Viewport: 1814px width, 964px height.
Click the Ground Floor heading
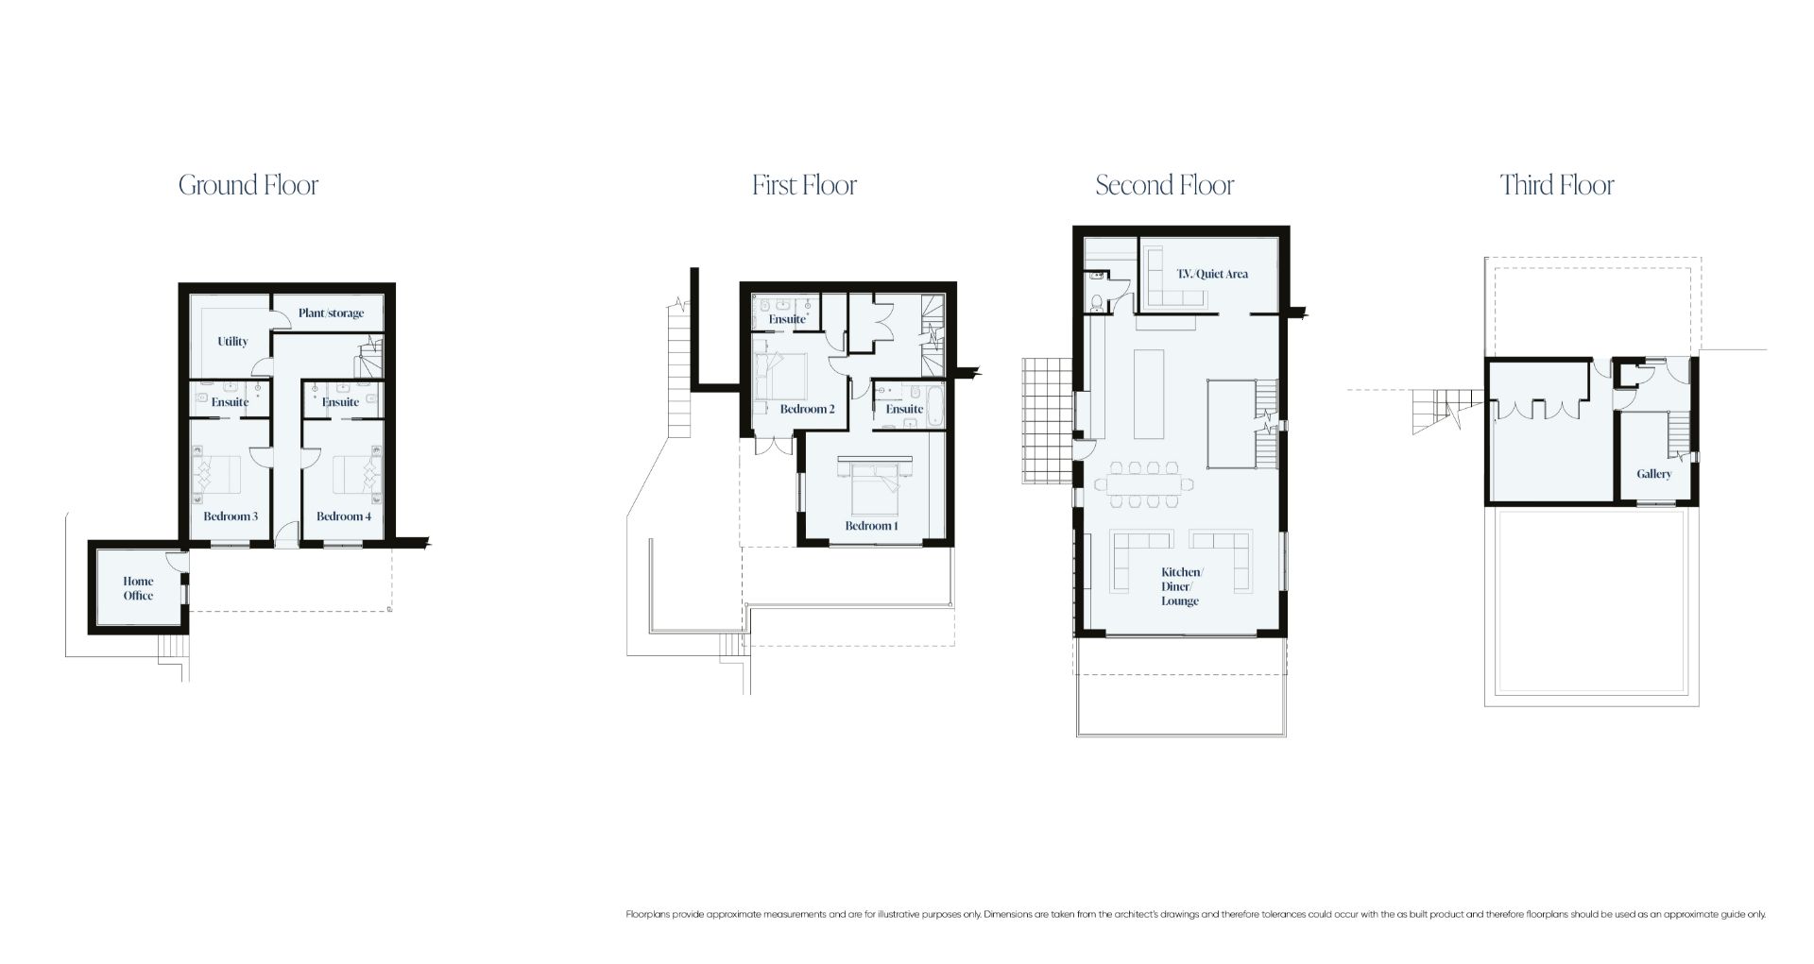pyautogui.click(x=248, y=185)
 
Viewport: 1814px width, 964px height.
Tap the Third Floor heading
pyautogui.click(x=1557, y=185)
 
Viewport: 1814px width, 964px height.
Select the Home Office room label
pyautogui.click(x=138, y=588)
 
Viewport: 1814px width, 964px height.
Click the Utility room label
pyautogui.click(x=232, y=342)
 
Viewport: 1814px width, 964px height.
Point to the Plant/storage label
pyautogui.click(x=331, y=313)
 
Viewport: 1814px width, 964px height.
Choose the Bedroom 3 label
pyautogui.click(x=231, y=516)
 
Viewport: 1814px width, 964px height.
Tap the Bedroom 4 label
pyautogui.click(x=344, y=516)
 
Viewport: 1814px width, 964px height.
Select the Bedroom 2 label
pyautogui.click(x=808, y=410)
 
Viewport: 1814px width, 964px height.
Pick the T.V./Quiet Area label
pyautogui.click(x=1212, y=274)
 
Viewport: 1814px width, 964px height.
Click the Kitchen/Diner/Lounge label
pyautogui.click(x=1181, y=586)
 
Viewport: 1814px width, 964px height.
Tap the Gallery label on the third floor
pyautogui.click(x=1654, y=474)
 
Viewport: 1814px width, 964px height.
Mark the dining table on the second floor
pyautogui.click(x=1144, y=484)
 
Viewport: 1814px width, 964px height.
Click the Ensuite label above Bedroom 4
pyautogui.click(x=340, y=402)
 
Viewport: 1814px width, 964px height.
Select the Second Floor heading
pyautogui.click(x=1165, y=185)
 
